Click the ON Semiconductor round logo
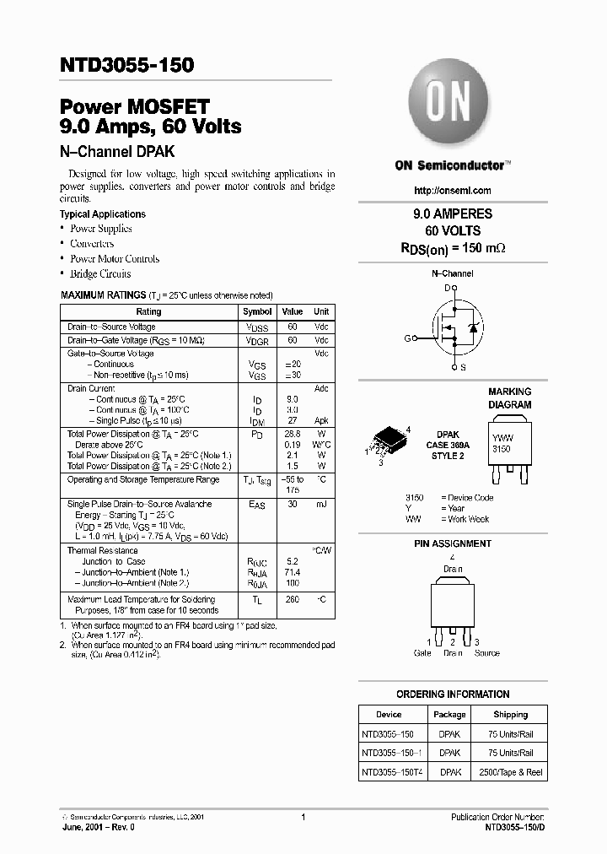(450, 105)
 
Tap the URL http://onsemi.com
(453, 191)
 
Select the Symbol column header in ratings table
(257, 311)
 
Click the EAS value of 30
(292, 504)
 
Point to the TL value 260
(292, 599)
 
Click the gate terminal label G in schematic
(407, 338)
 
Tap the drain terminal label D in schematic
(447, 288)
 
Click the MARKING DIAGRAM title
(509, 398)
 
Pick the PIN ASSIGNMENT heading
(452, 544)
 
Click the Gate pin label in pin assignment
(422, 653)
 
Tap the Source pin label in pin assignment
(486, 653)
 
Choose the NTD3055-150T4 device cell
(394, 772)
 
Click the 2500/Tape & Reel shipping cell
(510, 772)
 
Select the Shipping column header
(510, 714)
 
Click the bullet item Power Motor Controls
(115, 259)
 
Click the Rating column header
(148, 311)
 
